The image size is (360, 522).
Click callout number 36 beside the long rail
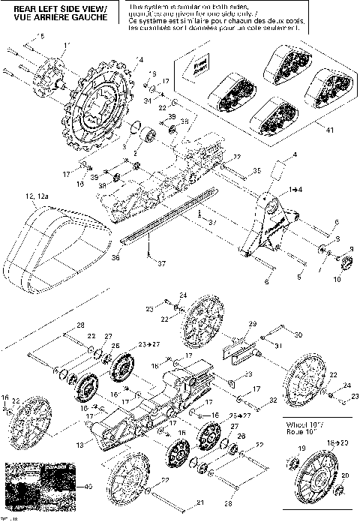[x=115, y=256]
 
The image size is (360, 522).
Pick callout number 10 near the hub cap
[x=335, y=278]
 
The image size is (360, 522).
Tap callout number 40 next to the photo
[x=88, y=487]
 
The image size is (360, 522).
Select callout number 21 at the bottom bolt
[x=199, y=502]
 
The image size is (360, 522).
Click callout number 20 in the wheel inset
[x=344, y=475]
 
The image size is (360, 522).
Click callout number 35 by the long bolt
[x=257, y=171]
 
